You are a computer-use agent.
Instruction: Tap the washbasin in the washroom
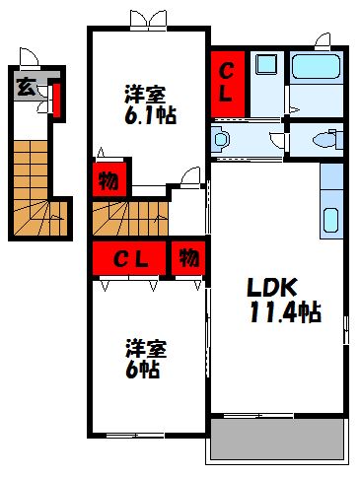pyautogui.click(x=221, y=139)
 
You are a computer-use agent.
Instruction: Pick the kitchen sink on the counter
pyautogui.click(x=331, y=220)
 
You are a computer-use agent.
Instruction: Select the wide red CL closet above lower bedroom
pyautogui.click(x=129, y=259)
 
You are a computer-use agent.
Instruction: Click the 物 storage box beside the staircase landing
pyautogui.click(x=107, y=181)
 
